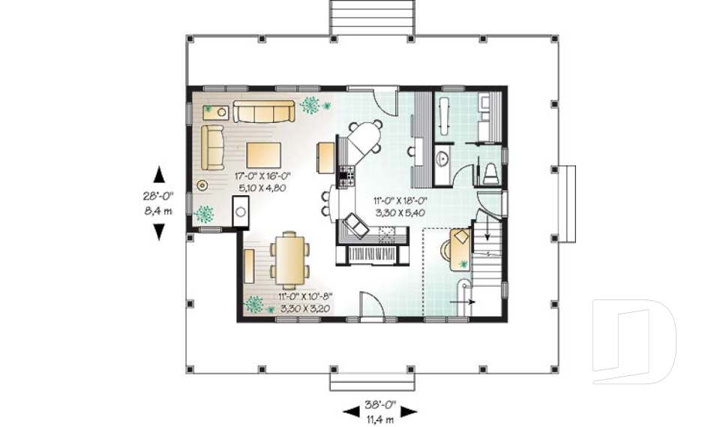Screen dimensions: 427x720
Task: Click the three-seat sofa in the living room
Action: (x=262, y=112)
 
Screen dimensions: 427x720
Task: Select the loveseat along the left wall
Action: (x=213, y=147)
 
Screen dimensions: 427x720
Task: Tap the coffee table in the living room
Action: (x=263, y=154)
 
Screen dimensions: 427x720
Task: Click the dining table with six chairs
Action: (x=288, y=258)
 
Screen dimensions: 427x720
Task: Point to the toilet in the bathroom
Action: (x=491, y=173)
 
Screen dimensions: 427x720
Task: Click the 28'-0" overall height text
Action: (x=158, y=195)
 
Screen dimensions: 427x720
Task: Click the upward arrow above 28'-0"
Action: (x=159, y=175)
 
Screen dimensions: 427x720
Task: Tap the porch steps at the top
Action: (x=372, y=17)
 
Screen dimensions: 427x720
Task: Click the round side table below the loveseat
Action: (x=202, y=184)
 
